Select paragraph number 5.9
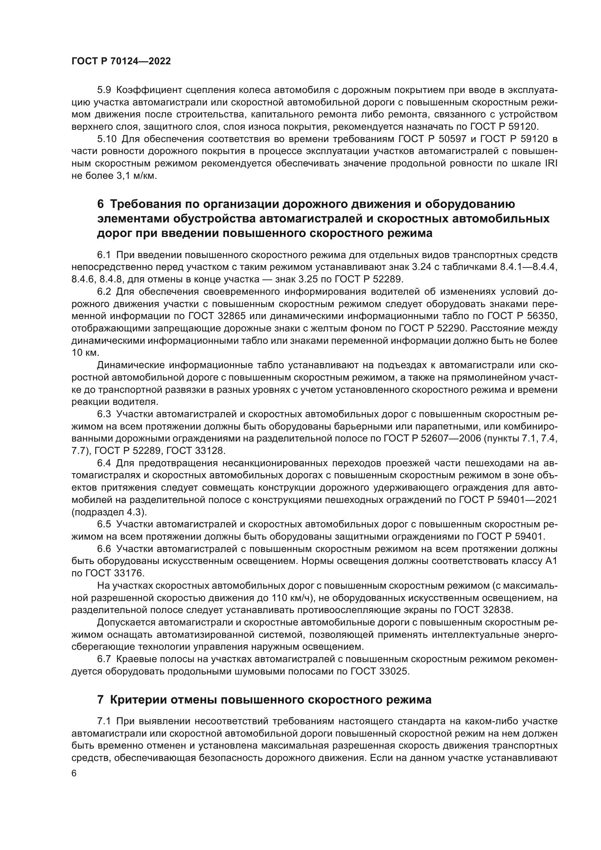click(x=104, y=90)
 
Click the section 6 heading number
click(x=101, y=204)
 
